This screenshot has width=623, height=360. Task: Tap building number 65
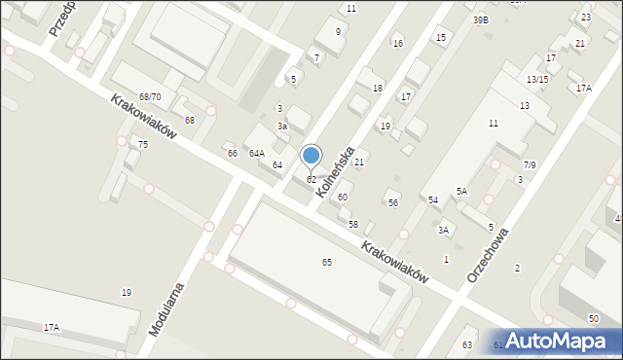(x=327, y=263)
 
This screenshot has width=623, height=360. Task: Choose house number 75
(x=143, y=145)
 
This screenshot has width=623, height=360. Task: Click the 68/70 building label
(x=150, y=97)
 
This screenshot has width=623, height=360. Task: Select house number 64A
(x=257, y=154)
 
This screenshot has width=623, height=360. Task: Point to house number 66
(x=233, y=154)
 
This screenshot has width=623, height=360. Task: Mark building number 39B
(x=481, y=19)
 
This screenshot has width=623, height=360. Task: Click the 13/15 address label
(x=537, y=80)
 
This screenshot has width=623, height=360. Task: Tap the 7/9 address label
(x=530, y=165)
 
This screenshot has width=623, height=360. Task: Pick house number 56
(x=393, y=203)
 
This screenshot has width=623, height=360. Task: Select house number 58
(x=353, y=225)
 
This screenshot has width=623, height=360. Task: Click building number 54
(x=433, y=199)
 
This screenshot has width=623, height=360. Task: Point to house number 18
(x=378, y=89)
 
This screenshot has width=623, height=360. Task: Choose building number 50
(x=594, y=319)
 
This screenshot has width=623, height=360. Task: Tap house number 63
(x=467, y=345)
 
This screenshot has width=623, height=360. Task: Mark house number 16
(x=397, y=44)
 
